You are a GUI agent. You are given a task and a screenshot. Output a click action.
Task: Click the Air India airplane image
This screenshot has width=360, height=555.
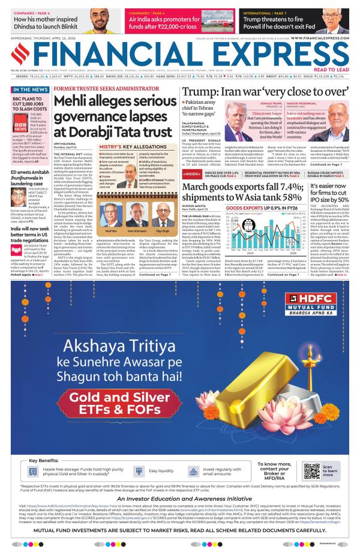(x=218, y=20)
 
